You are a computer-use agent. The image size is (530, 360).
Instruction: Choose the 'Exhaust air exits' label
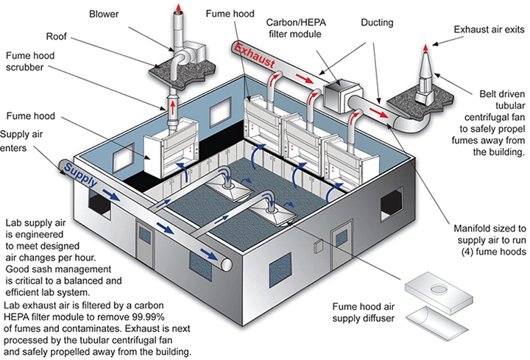tap(487, 29)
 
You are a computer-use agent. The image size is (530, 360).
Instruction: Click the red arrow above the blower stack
tap(180, 10)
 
